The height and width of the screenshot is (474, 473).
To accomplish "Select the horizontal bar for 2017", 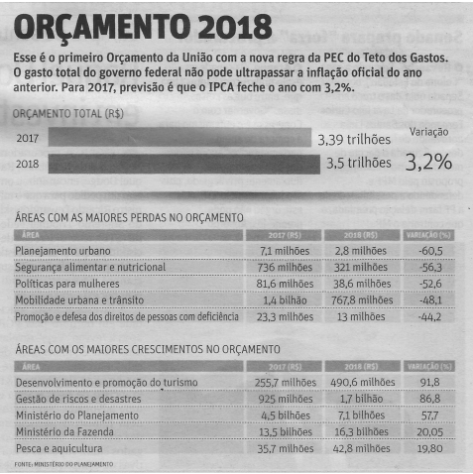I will tap(178, 139).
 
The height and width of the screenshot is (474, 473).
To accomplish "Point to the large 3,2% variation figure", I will tap(427, 161).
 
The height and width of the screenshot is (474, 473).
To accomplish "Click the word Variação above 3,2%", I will tap(428, 131).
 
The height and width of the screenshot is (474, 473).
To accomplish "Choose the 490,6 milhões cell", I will tap(359, 382).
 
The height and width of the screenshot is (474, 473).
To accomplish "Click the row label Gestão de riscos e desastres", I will tap(78, 398).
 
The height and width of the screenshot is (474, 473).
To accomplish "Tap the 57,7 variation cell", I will tap(429, 415).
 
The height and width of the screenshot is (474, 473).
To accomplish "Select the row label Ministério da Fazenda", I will tap(67, 430).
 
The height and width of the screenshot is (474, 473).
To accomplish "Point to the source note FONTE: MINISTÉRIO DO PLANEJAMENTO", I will tap(63, 464).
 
